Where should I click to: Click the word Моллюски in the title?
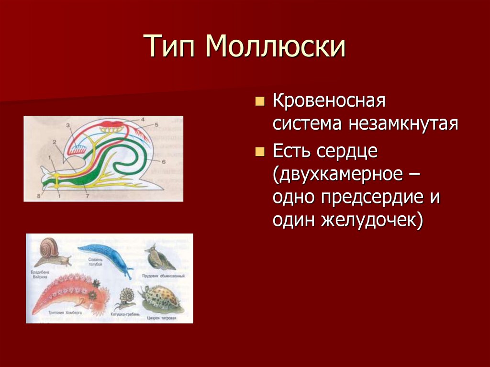click(276, 47)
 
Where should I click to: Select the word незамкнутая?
click(403, 124)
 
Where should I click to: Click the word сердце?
click(347, 152)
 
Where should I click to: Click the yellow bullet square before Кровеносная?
click(260, 102)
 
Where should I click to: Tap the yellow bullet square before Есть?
click(260, 152)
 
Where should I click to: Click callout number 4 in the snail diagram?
click(142, 119)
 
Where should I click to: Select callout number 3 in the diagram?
click(68, 125)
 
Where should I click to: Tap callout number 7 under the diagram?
click(87, 196)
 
